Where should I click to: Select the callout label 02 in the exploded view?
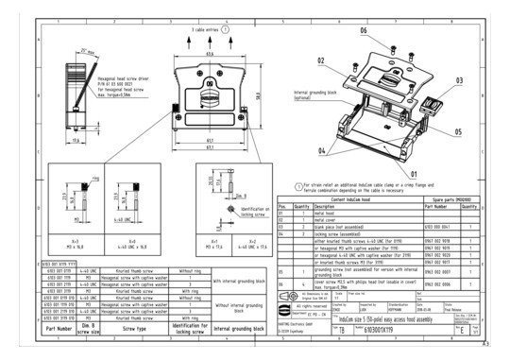[x=320, y=60]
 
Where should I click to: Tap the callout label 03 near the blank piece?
[x=459, y=81]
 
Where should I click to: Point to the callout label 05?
[x=457, y=132]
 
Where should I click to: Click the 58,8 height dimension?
[x=256, y=93]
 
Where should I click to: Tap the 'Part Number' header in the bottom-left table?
[x=58, y=327]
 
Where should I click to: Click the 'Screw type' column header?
[x=138, y=327]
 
